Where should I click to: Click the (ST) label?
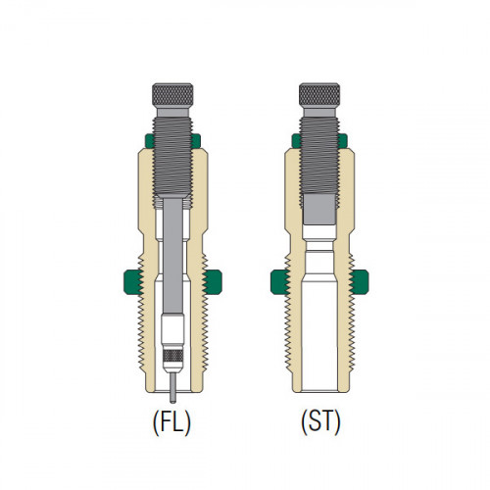click(320, 421)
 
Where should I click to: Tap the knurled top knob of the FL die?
click(172, 95)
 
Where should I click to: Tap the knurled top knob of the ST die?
click(319, 95)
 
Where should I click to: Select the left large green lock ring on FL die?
click(133, 282)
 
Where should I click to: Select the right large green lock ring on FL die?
click(213, 282)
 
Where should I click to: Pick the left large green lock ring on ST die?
click(280, 282)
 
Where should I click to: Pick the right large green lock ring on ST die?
click(359, 282)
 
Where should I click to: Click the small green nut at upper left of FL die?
click(150, 141)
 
